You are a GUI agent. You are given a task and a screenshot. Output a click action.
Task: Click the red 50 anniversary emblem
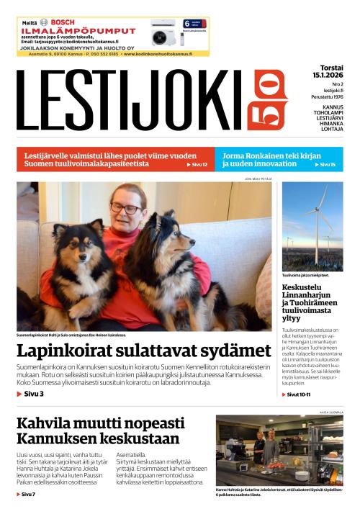point(270,100)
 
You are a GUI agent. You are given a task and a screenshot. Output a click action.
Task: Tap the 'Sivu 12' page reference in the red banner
point(197,165)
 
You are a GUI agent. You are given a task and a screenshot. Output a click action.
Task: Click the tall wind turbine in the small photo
point(317,216)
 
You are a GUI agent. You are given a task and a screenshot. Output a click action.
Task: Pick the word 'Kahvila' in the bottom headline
point(47,423)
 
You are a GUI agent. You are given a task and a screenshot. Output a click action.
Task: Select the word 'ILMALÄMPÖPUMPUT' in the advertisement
point(78,32)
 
